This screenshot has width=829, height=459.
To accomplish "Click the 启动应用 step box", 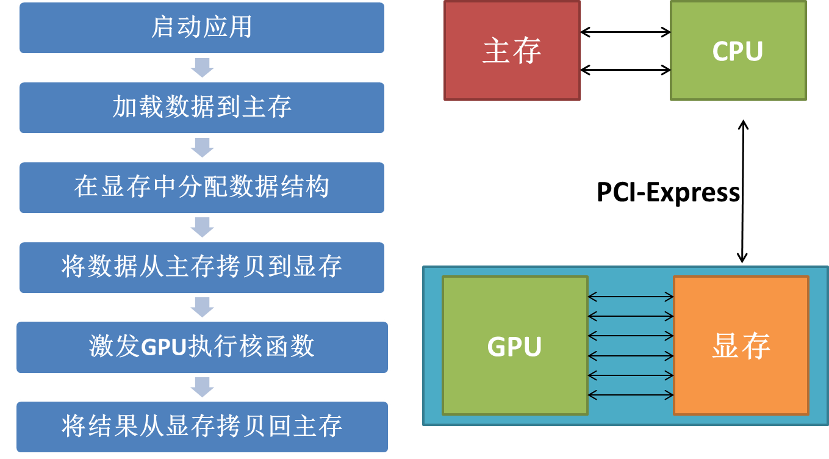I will click(x=201, y=27).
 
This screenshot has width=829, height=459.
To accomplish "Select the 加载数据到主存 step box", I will click(x=201, y=107).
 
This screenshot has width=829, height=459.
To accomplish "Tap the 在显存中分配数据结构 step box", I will click(x=201, y=187).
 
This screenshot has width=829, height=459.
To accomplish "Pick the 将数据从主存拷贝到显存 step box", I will click(x=201, y=267).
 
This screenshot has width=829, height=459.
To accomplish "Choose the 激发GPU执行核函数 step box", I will click(x=201, y=347).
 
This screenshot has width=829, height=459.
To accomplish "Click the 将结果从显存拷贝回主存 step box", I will click(x=201, y=426).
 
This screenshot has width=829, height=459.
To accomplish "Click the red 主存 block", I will click(x=512, y=51).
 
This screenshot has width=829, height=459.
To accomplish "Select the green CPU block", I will click(x=738, y=51).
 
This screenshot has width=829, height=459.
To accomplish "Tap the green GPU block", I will click(x=515, y=346).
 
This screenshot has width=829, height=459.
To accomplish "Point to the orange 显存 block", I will click(x=741, y=346).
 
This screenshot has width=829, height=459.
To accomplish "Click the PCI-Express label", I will click(x=667, y=193).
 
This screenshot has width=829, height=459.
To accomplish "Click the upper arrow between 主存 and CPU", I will click(x=625, y=32).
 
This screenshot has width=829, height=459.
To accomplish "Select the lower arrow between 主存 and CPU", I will click(x=625, y=70).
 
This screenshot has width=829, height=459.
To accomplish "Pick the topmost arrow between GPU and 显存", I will click(x=630, y=297).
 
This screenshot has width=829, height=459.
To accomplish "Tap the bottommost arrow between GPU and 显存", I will click(x=630, y=396).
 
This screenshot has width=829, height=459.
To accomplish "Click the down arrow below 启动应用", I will click(x=202, y=67).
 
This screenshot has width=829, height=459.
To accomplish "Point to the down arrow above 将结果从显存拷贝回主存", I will click(x=202, y=386).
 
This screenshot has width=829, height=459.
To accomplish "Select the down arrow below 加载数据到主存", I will click(x=202, y=147).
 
